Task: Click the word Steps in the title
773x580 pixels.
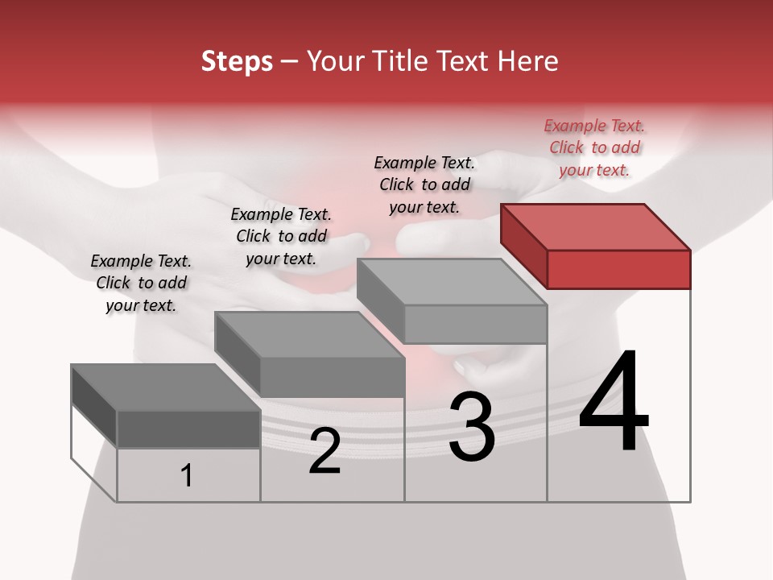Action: pos(237,61)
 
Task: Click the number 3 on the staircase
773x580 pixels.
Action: pos(471,428)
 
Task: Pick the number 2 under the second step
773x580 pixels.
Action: pos(324,451)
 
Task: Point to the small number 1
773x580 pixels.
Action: pos(187,476)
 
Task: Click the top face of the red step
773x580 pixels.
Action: pos(596,226)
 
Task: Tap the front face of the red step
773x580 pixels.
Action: pos(618,269)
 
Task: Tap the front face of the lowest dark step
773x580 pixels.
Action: pos(188,429)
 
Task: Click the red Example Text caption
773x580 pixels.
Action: pos(594,147)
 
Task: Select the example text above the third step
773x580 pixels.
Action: pos(424,184)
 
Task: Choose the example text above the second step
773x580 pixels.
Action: pos(281,236)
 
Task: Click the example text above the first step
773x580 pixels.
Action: pos(141,283)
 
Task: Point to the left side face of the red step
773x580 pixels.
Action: pos(523,245)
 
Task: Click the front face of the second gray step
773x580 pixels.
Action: pos(332,377)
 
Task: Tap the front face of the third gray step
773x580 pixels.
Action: pos(475,324)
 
